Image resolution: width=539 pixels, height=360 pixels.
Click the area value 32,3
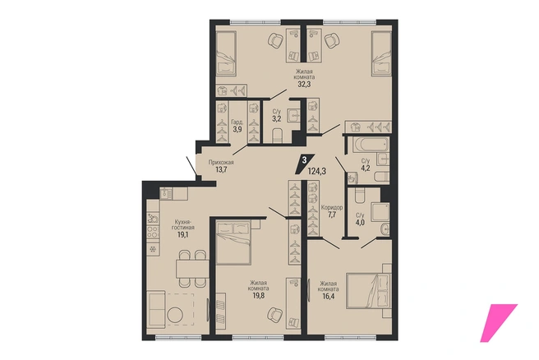[x=304, y=84]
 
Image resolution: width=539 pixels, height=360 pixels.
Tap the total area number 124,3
[x=316, y=170]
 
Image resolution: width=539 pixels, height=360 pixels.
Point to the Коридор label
[x=332, y=207]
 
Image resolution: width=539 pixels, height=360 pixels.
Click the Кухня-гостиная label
[x=184, y=224]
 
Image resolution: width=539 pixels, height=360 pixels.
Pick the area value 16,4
[x=328, y=295]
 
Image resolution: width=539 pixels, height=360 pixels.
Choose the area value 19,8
[x=259, y=295]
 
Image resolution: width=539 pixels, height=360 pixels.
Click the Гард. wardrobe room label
[x=237, y=122]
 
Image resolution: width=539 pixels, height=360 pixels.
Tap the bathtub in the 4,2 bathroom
[x=367, y=145]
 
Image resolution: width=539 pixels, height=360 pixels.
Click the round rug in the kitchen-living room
[x=177, y=314]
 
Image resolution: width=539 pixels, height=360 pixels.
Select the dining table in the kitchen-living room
[x=192, y=269]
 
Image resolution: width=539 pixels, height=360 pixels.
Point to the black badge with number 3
[x=305, y=164]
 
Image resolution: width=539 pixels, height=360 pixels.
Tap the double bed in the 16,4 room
[x=369, y=291]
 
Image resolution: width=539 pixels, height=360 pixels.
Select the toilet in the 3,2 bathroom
[x=277, y=136]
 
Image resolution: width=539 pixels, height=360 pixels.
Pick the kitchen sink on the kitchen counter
[x=166, y=194]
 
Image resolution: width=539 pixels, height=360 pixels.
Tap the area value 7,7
[x=332, y=215]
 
